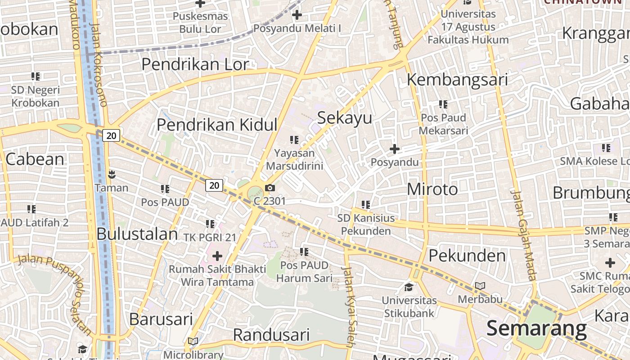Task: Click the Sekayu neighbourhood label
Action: coord(345,118)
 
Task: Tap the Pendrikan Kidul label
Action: coord(217,125)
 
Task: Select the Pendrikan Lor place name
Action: coord(195,64)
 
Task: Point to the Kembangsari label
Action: coord(457,80)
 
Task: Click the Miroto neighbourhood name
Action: coord(432,189)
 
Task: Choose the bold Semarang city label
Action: coord(536,328)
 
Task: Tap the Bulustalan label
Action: coord(137,234)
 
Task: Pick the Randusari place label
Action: coord(271,335)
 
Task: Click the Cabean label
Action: coord(35,159)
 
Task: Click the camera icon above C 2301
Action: coord(270,188)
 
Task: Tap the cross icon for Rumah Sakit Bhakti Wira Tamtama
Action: coord(217,256)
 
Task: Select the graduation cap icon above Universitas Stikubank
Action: coord(409,287)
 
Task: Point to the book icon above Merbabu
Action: coord(480,286)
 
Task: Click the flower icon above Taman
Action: coord(112,174)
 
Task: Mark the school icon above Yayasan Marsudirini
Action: coord(294,140)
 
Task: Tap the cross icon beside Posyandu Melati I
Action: coord(297,15)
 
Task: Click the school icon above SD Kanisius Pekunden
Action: coord(366,205)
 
